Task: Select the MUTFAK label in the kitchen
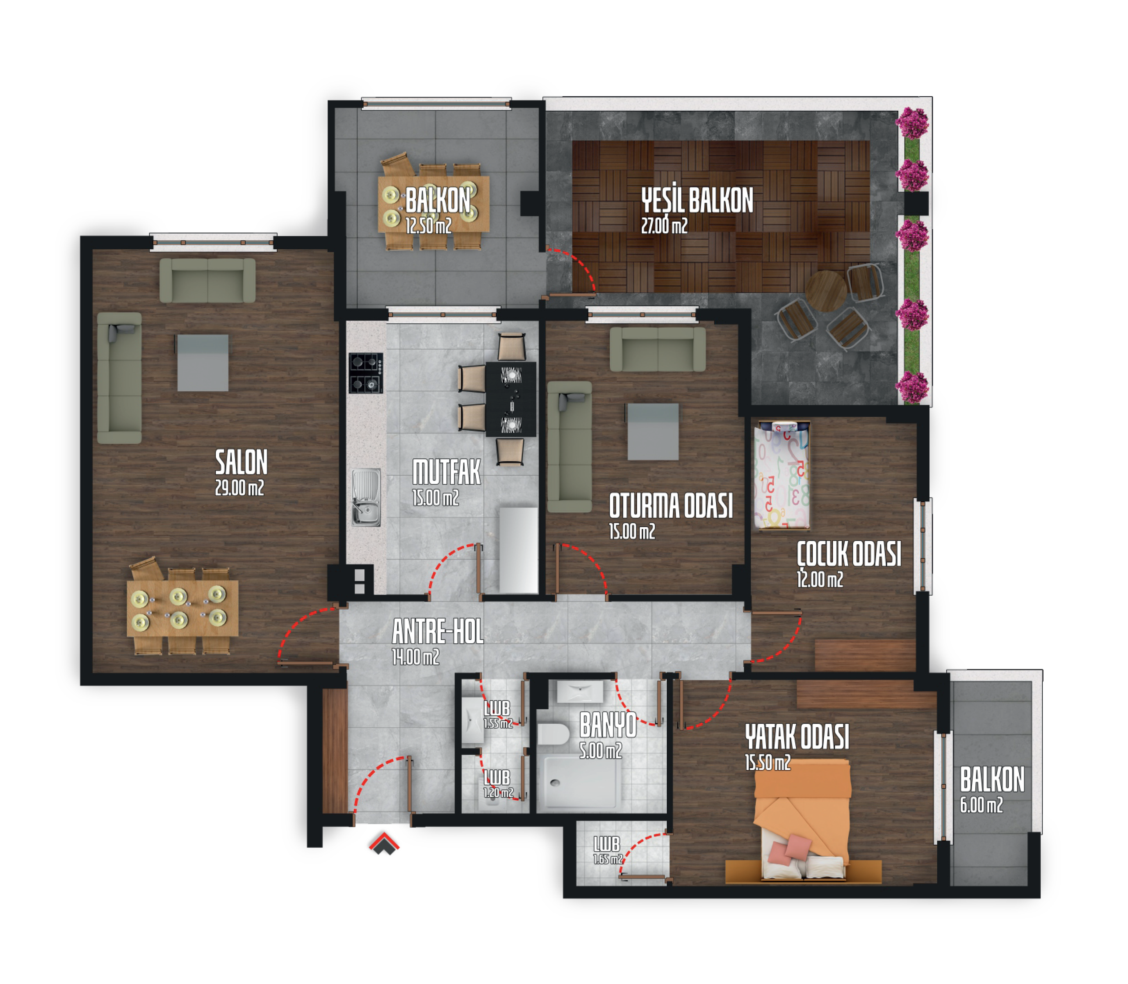446,472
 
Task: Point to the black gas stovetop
365,373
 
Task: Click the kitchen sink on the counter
366,497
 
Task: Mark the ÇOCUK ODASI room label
849,554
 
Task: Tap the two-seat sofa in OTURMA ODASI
658,349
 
